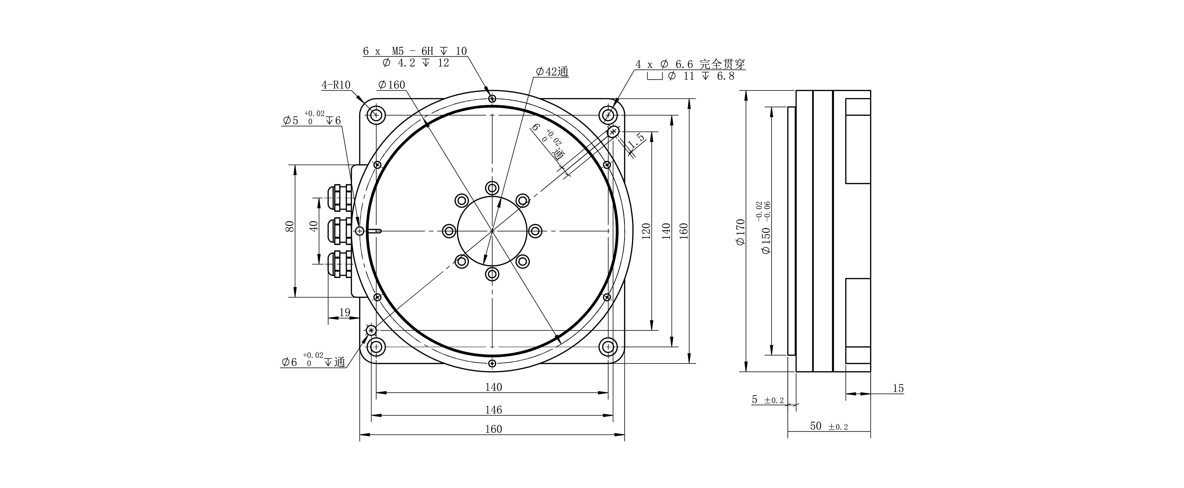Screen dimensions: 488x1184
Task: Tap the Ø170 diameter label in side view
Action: pyautogui.click(x=740, y=232)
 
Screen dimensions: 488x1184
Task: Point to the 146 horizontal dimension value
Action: pyautogui.click(x=493, y=409)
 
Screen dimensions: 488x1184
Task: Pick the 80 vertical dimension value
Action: pyautogui.click(x=290, y=226)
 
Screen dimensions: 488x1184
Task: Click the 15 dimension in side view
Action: pyautogui.click(x=898, y=388)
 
